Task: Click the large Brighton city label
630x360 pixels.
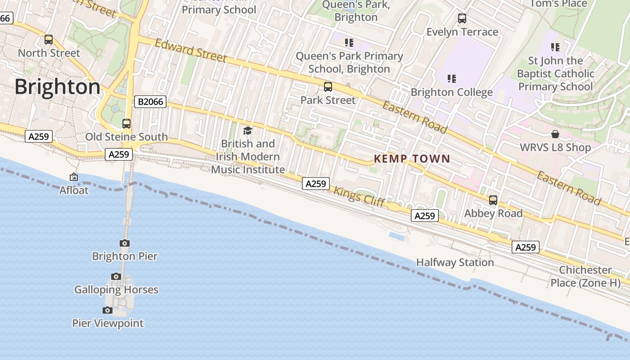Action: click(x=58, y=87)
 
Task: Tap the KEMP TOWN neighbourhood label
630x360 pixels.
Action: click(x=412, y=158)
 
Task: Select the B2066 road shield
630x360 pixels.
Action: click(x=150, y=102)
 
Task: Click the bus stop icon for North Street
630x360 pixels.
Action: click(x=49, y=40)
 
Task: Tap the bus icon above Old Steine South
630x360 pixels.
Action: click(x=126, y=124)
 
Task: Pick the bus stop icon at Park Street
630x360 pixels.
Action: click(x=328, y=87)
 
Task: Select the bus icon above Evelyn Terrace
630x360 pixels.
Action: click(x=462, y=18)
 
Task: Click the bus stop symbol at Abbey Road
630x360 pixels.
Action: click(x=493, y=200)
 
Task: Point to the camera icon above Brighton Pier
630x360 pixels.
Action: click(x=125, y=243)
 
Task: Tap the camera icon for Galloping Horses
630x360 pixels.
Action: click(x=116, y=276)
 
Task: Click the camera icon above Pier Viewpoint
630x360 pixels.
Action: click(x=107, y=310)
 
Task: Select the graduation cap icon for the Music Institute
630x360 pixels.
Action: click(x=247, y=131)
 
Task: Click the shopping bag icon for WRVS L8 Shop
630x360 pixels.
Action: click(x=555, y=134)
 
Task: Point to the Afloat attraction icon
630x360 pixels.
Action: click(x=74, y=177)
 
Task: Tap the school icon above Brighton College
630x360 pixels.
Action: click(x=452, y=79)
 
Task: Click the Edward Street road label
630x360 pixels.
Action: click(x=191, y=50)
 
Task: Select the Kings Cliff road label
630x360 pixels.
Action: click(x=359, y=197)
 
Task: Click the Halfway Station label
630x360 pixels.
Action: click(x=455, y=262)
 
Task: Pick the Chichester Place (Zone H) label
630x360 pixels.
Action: click(x=585, y=276)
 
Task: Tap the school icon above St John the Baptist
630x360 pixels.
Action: click(x=555, y=47)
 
